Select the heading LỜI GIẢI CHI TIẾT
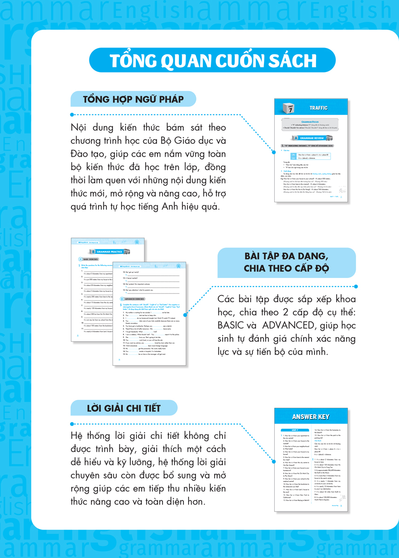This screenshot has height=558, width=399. pyautogui.click(x=123, y=408)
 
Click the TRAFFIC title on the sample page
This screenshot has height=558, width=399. pyautogui.click(x=318, y=108)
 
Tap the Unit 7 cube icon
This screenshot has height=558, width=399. pyautogui.click(x=290, y=109)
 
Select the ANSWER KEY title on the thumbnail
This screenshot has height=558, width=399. pyautogui.click(x=311, y=417)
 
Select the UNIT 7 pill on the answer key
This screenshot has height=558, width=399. pyautogui.click(x=294, y=430)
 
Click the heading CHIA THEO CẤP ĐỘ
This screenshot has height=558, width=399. pyautogui.click(x=286, y=268)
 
